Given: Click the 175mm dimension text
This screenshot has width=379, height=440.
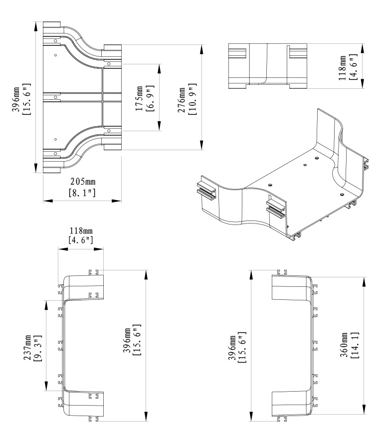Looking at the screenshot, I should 140,98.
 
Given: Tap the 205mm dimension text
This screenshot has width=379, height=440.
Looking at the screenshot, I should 82,180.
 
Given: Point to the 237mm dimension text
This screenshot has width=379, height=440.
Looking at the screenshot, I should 28,347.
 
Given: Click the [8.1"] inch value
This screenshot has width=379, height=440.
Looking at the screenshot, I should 82,191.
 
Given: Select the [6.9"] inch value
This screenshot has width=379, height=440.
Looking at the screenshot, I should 150,98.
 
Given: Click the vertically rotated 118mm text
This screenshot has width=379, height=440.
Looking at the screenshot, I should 344,66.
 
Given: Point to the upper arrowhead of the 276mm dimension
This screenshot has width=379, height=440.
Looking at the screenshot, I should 201,48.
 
